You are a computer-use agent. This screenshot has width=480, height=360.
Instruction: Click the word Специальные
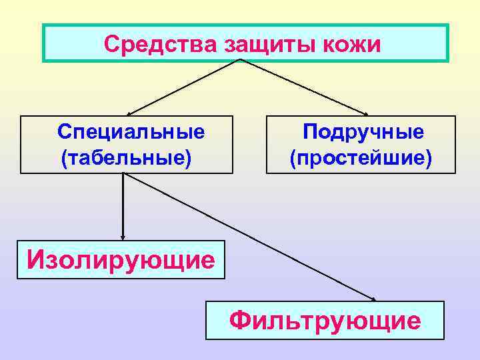131,131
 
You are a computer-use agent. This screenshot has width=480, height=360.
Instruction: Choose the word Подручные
363,131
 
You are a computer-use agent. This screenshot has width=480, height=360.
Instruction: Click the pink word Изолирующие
121,258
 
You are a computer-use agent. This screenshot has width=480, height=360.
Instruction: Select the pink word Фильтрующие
325,321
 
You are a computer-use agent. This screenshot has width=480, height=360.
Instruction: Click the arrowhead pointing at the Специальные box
131,114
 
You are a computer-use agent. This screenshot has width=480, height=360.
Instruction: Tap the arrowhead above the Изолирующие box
123,235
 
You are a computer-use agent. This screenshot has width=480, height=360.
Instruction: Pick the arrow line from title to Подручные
303,87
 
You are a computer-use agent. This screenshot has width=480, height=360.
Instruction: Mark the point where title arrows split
241,60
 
